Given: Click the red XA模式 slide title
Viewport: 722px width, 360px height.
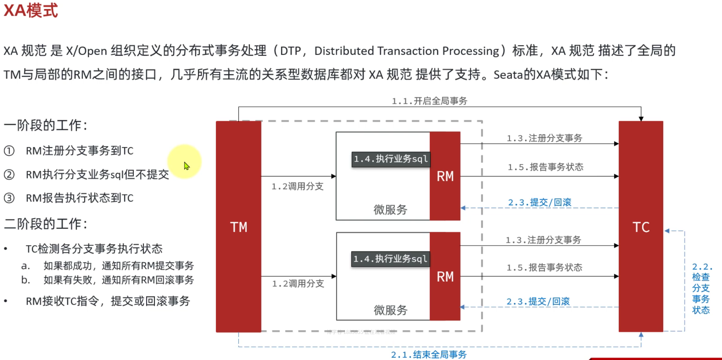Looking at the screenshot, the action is [x=31, y=10].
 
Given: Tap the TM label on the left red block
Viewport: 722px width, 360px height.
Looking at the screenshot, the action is [x=238, y=227].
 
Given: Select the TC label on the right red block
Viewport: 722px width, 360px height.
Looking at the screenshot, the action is [x=641, y=227].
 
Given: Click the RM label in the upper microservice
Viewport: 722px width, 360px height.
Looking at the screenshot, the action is [x=445, y=176].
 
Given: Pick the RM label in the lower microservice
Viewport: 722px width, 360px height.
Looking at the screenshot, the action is [x=445, y=277].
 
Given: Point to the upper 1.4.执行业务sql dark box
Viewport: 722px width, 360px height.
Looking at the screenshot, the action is [x=391, y=159].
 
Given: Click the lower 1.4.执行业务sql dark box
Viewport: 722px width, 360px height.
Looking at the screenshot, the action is [x=390, y=259].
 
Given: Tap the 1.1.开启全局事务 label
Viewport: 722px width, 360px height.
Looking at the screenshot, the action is [x=429, y=101].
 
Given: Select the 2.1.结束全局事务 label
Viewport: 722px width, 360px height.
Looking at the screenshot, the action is [x=429, y=354].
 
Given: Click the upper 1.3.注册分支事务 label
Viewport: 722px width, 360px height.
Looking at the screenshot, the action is [x=544, y=138].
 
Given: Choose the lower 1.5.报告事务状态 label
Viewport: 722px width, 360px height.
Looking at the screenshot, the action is [x=544, y=268].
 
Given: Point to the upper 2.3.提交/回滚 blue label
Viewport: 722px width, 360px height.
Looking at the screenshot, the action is [x=539, y=203].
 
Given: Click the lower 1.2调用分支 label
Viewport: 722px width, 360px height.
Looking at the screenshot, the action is [x=298, y=284].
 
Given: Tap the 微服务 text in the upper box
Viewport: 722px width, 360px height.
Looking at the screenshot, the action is [x=390, y=210].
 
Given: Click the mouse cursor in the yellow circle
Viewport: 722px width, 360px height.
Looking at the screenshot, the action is [x=186, y=166].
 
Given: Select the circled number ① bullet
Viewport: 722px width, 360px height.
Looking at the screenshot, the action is [x=9, y=151].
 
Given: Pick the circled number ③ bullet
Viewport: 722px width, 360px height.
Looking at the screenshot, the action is [x=9, y=198].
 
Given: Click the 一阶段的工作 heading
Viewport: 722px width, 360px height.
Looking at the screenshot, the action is [x=45, y=125].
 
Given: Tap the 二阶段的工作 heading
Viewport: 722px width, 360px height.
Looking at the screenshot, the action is [x=45, y=224].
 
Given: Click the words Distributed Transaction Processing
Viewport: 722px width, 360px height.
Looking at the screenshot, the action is [x=407, y=51].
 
